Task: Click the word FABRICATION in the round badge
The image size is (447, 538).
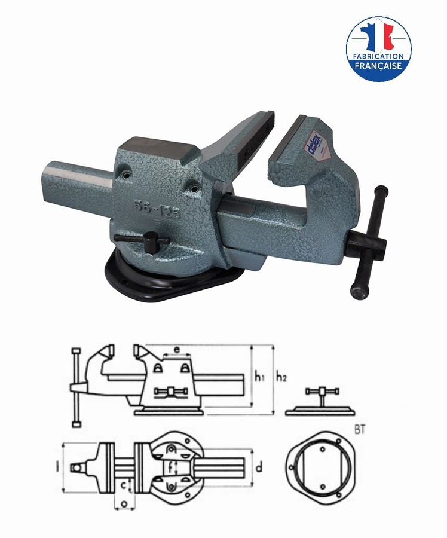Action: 379,56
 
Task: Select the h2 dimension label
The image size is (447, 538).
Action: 281,377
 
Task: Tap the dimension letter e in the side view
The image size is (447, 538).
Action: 177,349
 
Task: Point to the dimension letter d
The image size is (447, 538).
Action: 258,468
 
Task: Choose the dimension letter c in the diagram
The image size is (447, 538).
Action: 124,485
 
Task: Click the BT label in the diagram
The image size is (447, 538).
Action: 360,429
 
